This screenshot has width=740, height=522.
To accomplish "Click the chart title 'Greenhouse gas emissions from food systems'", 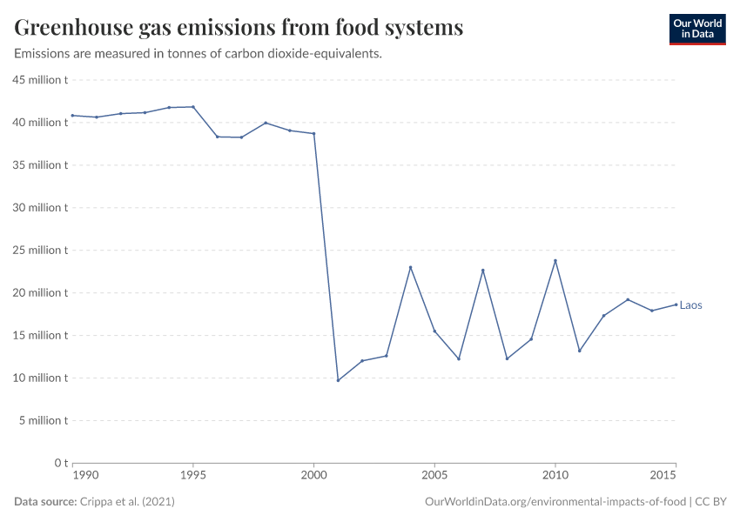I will (239, 28).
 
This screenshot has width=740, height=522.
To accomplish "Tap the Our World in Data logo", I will (696, 29).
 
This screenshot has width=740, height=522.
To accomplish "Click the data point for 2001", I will (338, 380).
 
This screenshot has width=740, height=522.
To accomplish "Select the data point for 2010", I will (555, 261).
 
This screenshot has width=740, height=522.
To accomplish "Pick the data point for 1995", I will (193, 107).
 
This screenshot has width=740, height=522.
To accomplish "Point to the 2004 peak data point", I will (410, 267).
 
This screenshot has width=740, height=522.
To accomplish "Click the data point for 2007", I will (483, 270).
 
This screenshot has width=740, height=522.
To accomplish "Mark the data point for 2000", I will (313, 134).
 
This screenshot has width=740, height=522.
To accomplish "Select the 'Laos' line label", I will (690, 305).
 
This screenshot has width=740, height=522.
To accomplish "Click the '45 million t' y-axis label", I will (39, 80).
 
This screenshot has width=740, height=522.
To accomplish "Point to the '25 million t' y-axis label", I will (39, 251).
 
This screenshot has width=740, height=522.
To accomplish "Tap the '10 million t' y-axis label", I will (39, 378).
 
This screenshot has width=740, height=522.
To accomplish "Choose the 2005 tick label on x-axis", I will (434, 476).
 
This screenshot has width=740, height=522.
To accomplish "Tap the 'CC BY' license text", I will (710, 502).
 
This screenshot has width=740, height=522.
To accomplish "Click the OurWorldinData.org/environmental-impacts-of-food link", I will (555, 502).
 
